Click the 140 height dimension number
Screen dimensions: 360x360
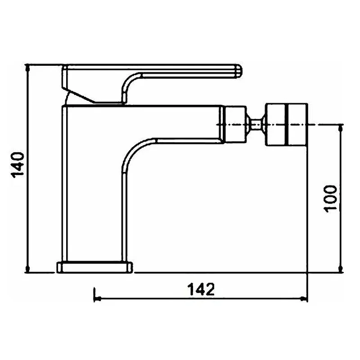(18, 165)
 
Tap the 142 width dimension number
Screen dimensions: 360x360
(201, 289)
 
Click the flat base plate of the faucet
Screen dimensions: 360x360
(94, 267)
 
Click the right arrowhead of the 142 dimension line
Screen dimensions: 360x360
(304, 299)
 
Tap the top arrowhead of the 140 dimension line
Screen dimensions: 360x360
(27, 68)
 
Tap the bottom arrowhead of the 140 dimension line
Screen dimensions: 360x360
(27, 269)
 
